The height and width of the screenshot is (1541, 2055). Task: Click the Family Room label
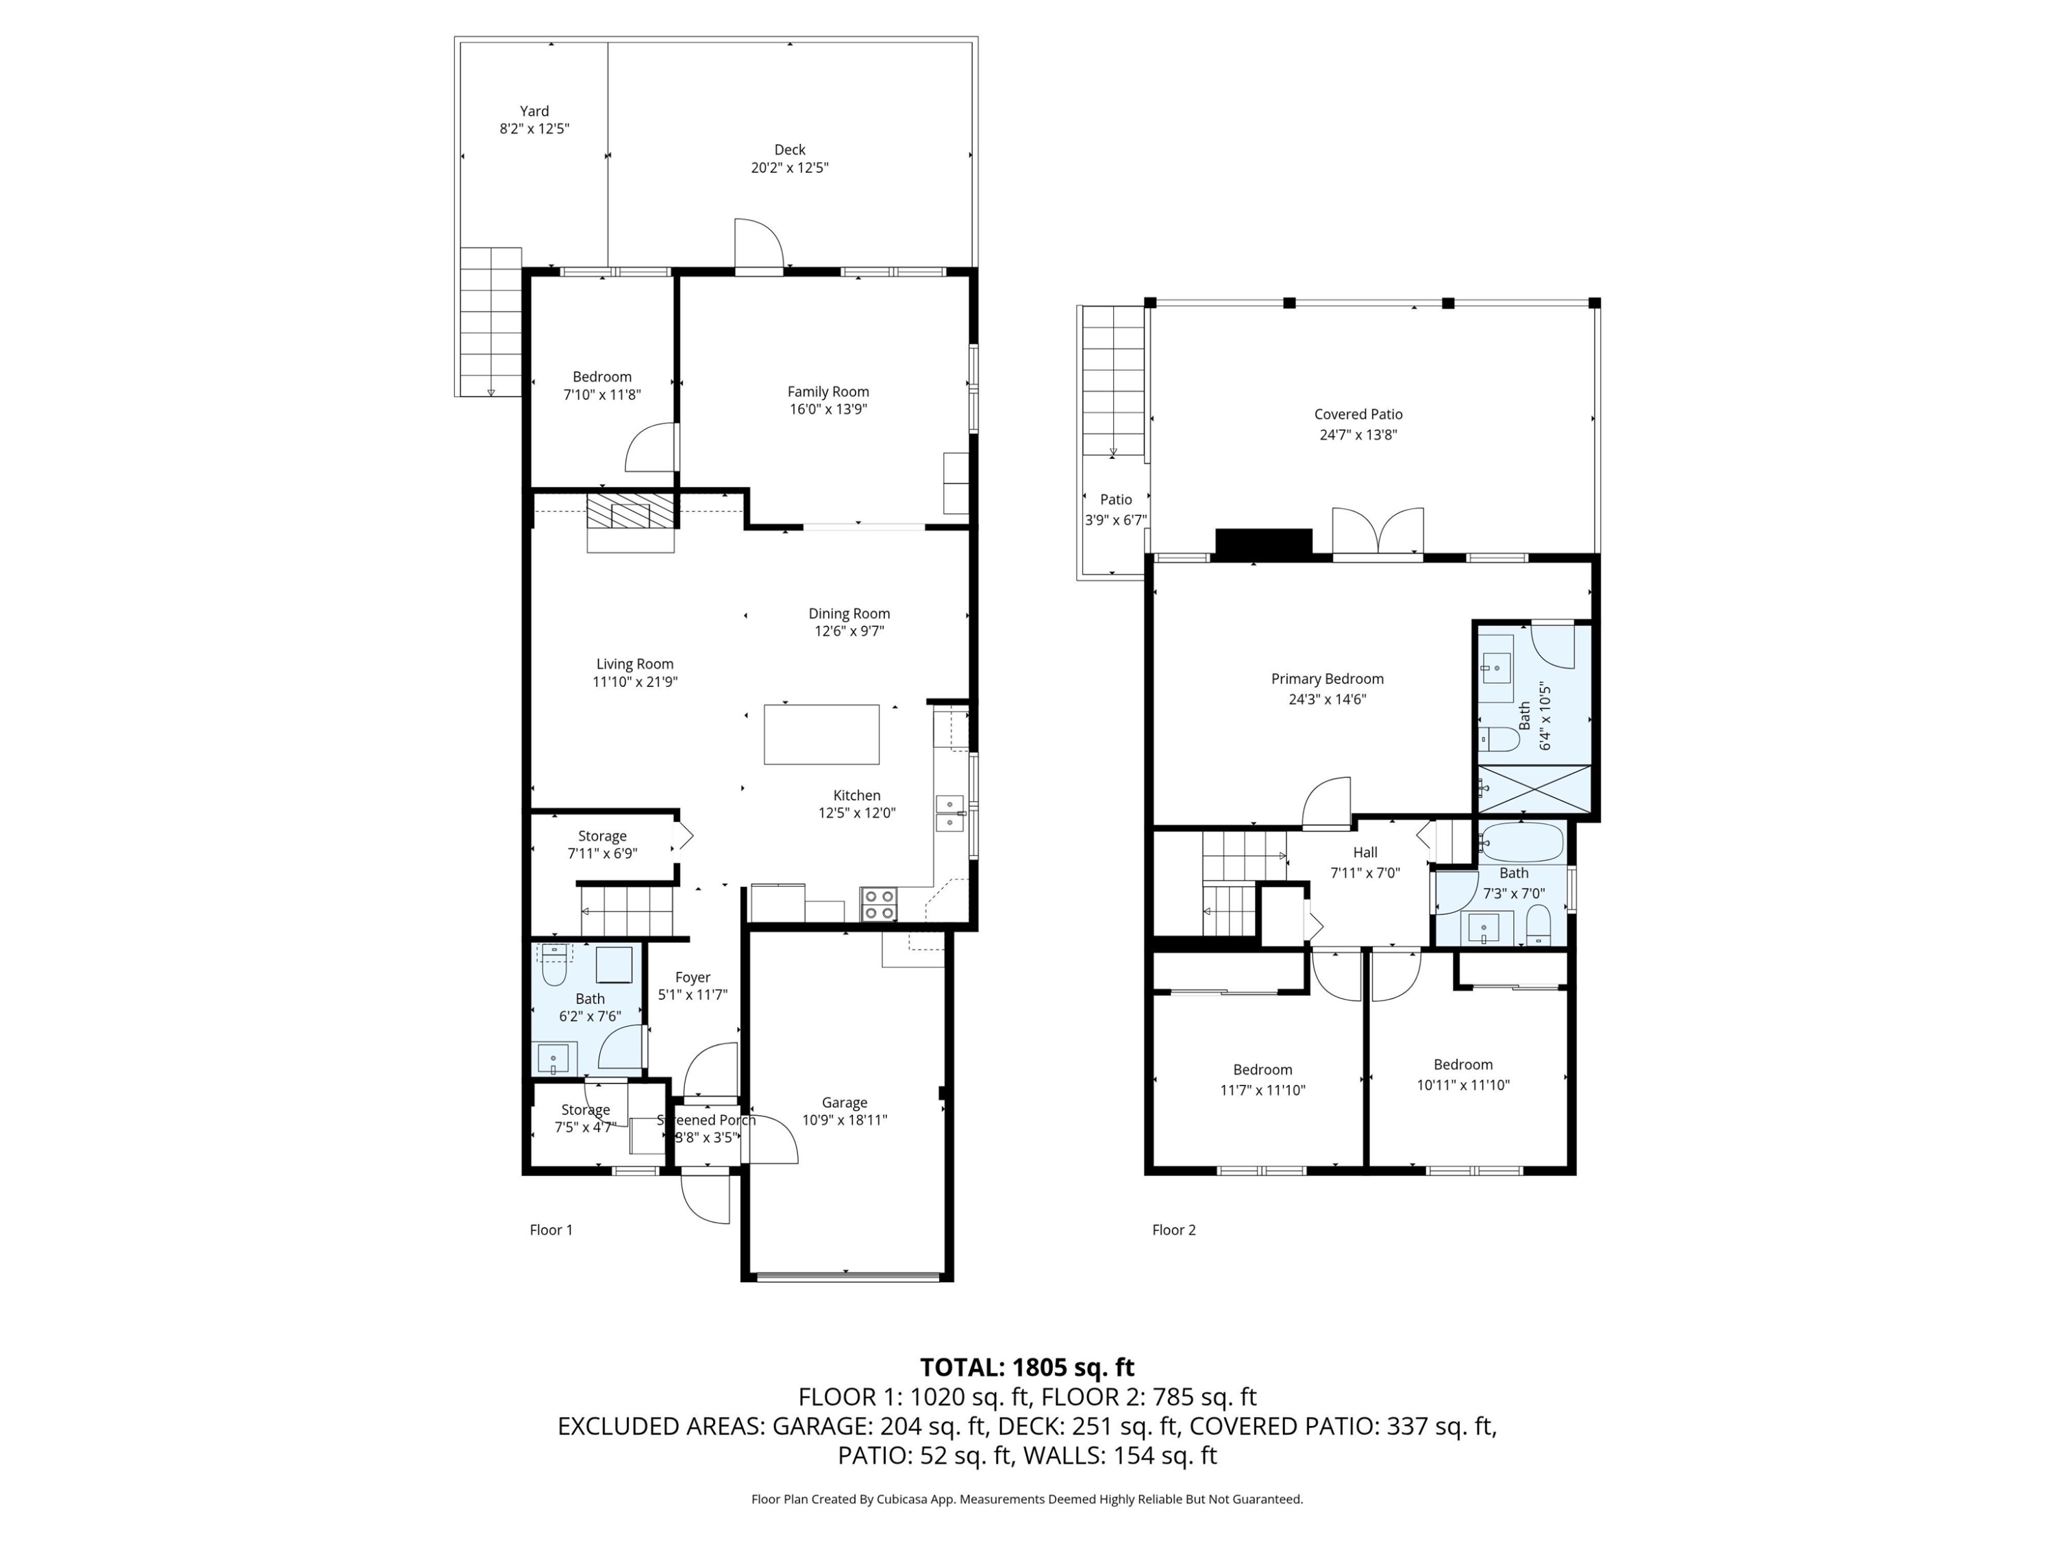827,392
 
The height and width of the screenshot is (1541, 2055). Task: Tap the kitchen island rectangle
821,735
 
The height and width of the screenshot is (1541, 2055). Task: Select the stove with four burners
879,905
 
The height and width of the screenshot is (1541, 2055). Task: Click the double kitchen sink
949,813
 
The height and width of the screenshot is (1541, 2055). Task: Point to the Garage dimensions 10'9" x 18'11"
845,1120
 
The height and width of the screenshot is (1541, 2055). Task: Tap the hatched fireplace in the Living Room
631,512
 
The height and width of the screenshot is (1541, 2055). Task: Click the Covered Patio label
1358,414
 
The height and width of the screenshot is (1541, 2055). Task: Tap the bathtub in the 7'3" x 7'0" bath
1522,842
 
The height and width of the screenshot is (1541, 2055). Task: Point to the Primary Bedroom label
1327,679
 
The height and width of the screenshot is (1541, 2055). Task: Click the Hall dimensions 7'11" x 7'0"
1365,873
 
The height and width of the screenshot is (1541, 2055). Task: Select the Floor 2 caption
1173,1230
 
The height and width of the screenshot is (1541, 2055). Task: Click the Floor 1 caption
551,1230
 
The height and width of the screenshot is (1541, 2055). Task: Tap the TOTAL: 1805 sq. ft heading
1027,1367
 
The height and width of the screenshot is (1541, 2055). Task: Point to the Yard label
534,110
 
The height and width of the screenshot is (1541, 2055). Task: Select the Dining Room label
848,613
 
